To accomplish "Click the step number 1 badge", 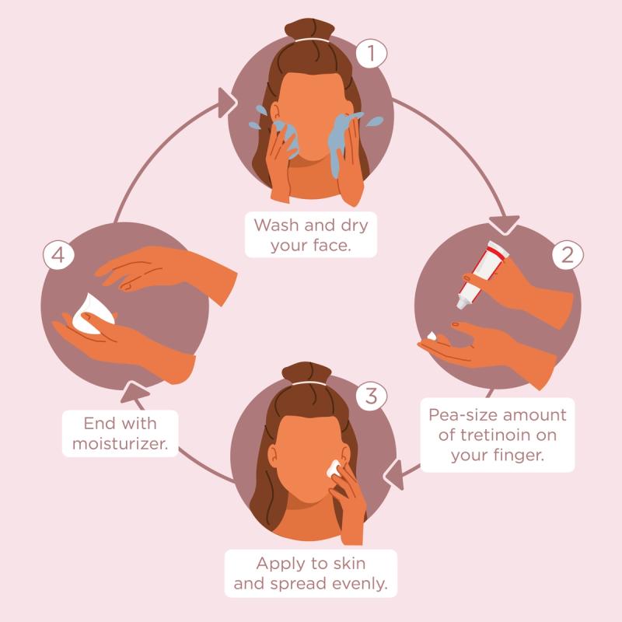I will point(371,54).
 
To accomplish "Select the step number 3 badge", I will point(371,395).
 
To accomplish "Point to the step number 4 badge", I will point(58,256).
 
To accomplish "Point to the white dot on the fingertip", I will point(432,335).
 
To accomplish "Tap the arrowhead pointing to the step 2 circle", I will point(508,221).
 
